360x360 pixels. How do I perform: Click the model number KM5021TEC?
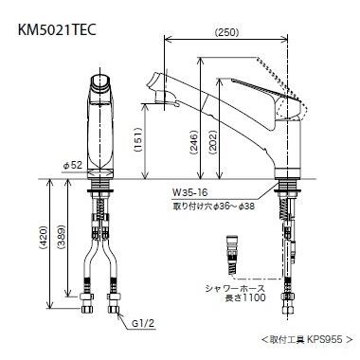point(57,30)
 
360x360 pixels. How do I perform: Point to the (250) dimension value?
point(226,32)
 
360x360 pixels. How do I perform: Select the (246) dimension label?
point(193,142)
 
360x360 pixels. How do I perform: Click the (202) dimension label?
point(213,142)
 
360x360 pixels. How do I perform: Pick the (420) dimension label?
point(43,238)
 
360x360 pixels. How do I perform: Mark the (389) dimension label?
point(61,238)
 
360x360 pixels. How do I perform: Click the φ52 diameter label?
point(73,165)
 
